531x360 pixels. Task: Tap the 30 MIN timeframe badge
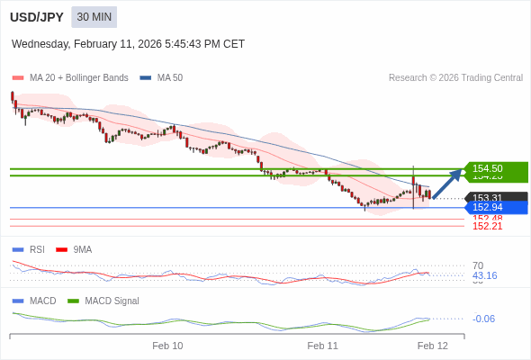point(94,17)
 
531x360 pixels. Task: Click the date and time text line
point(128,44)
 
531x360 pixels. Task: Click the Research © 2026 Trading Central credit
point(455,77)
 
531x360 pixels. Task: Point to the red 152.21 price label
point(487,226)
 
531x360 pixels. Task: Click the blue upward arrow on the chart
point(447,182)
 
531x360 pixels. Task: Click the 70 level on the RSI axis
point(478,265)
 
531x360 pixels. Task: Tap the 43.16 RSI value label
point(484,275)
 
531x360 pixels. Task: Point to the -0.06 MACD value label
point(483,319)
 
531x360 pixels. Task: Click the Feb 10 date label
point(167,345)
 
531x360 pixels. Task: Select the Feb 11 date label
point(322,345)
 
